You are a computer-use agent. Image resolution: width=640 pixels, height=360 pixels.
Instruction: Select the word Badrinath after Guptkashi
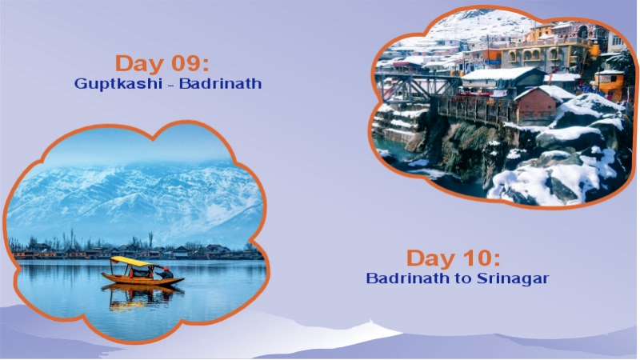coord(220,83)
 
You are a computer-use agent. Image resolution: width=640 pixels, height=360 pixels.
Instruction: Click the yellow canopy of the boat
coord(132,261)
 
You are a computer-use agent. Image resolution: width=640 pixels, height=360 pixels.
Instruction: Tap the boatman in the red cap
coord(166,273)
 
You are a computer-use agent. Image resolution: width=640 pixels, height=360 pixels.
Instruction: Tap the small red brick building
coord(535,105)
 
